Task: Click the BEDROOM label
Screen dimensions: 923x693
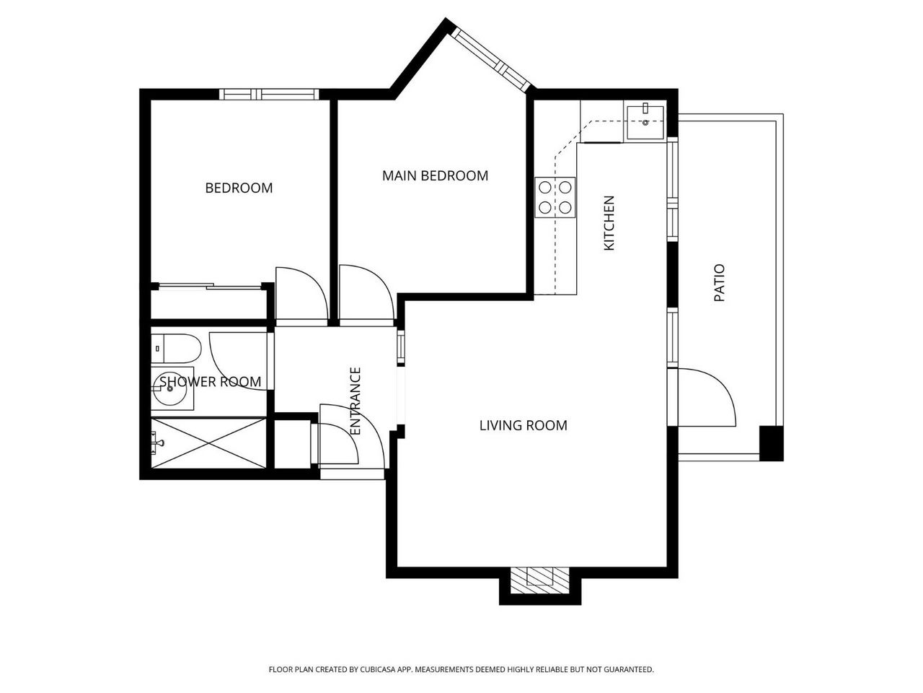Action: point(239,188)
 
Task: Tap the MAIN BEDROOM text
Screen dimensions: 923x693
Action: point(436,175)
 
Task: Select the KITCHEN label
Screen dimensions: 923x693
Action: point(609,223)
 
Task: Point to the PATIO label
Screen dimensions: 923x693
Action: point(720,283)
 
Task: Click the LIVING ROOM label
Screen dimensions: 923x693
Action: point(524,425)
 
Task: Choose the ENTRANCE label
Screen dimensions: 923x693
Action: point(355,401)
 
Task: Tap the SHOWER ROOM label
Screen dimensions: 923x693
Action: point(211,382)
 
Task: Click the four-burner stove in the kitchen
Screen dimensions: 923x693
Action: point(555,197)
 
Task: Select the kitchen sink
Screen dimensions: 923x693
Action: point(645,123)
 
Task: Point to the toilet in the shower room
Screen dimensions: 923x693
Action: point(176,349)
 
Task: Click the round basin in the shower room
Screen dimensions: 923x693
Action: point(170,389)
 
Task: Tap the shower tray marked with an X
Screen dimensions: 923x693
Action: point(208,443)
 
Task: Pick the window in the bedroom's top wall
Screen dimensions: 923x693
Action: point(269,95)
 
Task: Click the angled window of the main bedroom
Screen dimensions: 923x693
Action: point(491,58)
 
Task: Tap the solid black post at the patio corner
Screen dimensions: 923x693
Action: point(771,443)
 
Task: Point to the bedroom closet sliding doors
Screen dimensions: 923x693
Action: point(210,287)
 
